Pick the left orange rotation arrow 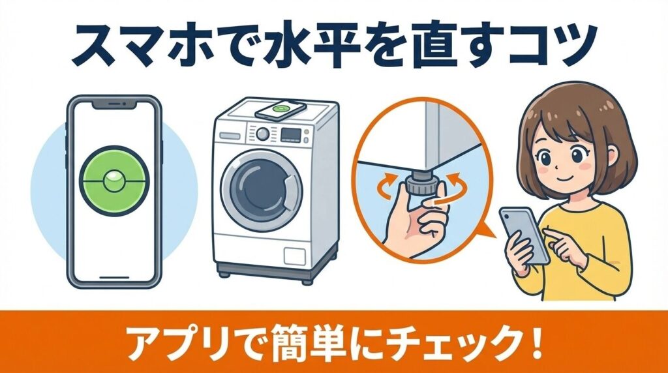[x=388, y=184]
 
